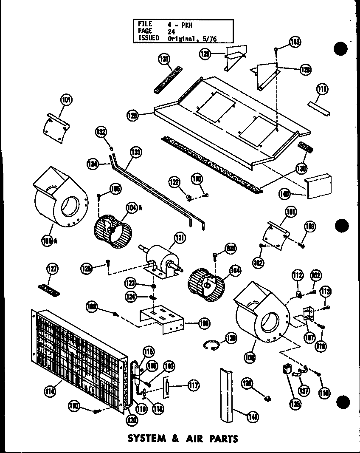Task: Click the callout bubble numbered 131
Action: coord(164,59)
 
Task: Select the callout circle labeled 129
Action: coord(205,54)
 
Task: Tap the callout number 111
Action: coord(322,89)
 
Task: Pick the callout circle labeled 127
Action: coord(52,269)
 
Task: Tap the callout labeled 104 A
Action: coord(132,208)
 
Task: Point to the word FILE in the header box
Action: coord(145,24)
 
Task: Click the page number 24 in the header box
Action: coord(171,31)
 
